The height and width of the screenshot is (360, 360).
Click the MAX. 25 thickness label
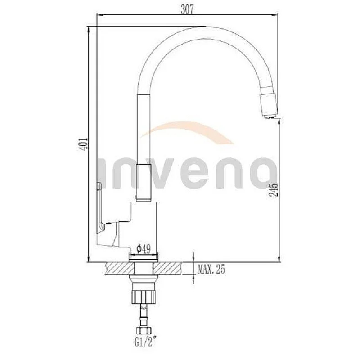pyautogui.click(x=211, y=270)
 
